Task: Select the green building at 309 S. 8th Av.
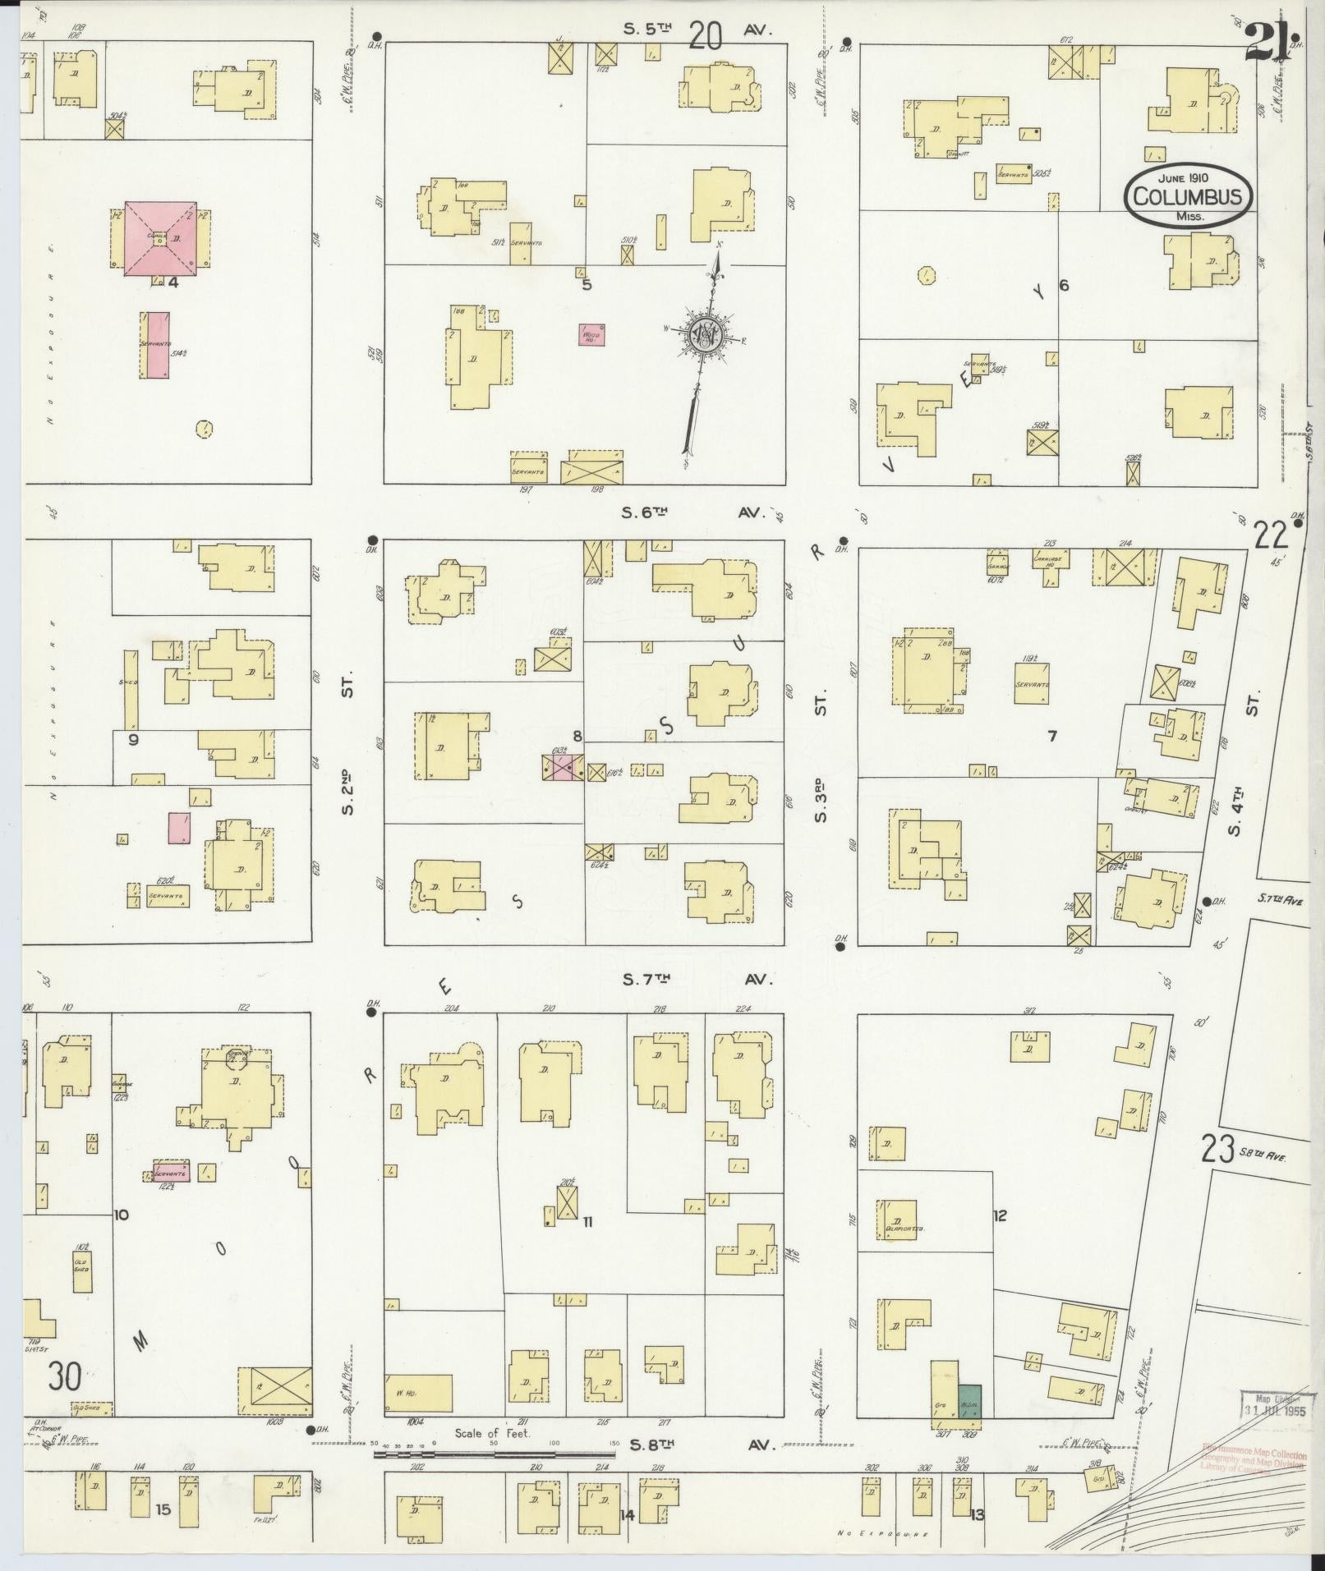point(970,1399)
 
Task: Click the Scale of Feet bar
point(493,1454)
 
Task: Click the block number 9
point(133,739)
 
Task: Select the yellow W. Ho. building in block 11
point(418,1393)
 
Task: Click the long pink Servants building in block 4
point(154,344)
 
